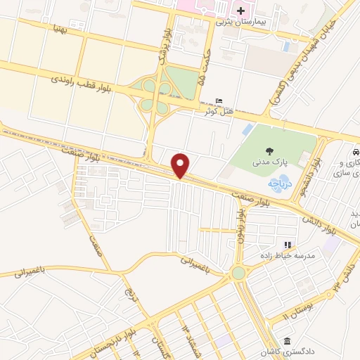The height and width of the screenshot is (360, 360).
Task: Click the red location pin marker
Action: pyautogui.click(x=181, y=166)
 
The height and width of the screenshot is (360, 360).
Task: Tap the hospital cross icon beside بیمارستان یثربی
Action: pyautogui.click(x=241, y=11)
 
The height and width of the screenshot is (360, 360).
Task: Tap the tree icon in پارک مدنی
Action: pyautogui.click(x=270, y=151)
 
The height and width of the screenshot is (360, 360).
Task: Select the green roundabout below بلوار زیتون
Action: pyautogui.click(x=239, y=272)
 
